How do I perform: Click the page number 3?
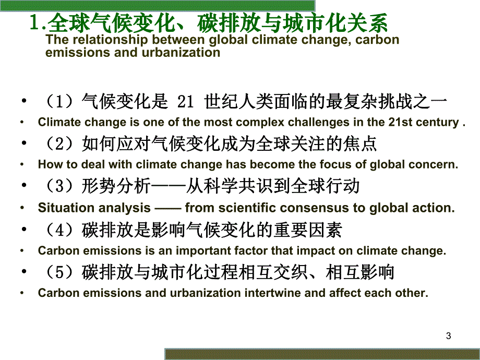449,336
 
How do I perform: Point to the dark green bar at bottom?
322,354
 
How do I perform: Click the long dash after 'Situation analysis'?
167,207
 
